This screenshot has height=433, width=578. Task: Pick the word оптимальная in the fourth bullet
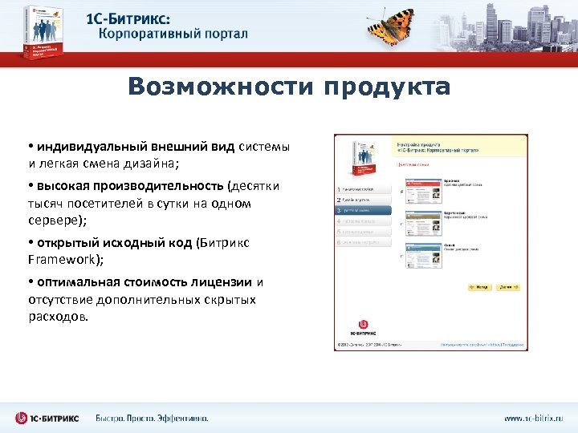[75, 282]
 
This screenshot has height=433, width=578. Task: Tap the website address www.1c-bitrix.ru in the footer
[533, 418]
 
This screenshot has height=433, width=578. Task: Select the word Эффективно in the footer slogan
[180, 418]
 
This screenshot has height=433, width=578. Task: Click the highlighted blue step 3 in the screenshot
[364, 210]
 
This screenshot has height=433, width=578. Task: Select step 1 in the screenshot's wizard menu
[364, 189]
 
